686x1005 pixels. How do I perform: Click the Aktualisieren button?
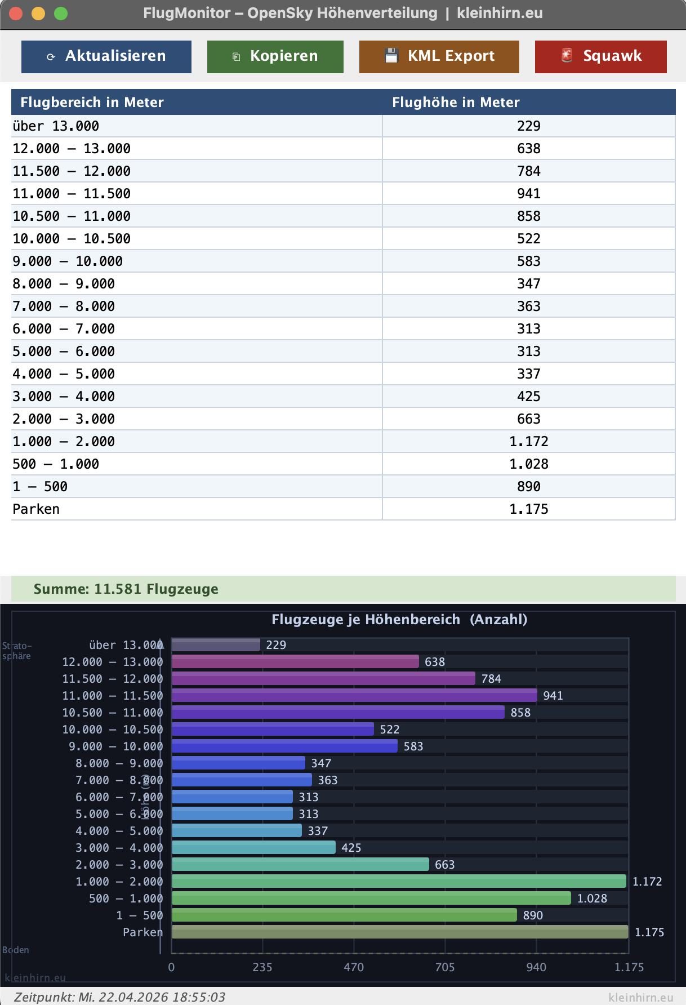106,56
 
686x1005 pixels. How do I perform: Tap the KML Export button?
439,56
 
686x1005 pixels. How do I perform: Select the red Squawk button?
600,56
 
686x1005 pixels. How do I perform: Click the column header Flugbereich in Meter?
92,102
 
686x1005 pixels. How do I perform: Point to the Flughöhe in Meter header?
456,102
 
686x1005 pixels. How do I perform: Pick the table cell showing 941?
528,193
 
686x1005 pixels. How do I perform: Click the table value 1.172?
528,441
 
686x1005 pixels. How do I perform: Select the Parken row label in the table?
36,509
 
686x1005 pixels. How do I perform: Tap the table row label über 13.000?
56,126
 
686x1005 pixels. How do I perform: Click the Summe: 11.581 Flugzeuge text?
126,589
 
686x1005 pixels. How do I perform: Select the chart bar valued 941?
354,695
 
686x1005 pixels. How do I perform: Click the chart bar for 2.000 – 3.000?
300,864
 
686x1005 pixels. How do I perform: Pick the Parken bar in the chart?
400,932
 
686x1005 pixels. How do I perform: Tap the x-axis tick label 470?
354,967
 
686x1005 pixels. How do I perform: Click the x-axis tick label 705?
445,967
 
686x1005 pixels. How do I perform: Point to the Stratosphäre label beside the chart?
17,651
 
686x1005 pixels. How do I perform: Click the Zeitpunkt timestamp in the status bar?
119,997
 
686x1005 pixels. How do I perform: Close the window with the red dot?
16,14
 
